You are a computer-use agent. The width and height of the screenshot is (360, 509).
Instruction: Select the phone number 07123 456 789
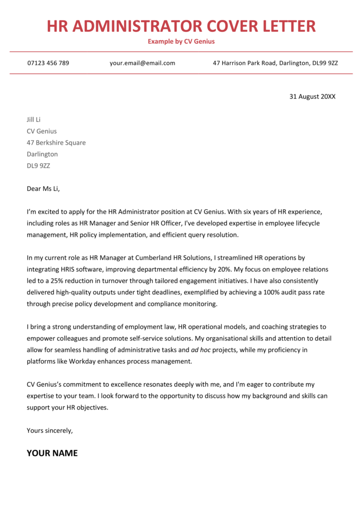tap(48, 63)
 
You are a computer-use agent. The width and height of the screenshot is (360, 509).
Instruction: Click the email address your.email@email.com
tap(142, 63)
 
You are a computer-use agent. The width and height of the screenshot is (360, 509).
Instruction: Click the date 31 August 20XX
tap(312, 96)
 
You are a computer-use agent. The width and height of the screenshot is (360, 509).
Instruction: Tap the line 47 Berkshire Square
tap(56, 143)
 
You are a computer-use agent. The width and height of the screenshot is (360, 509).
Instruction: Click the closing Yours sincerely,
tap(50, 430)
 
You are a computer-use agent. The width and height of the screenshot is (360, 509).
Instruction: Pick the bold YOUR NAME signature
tap(52, 453)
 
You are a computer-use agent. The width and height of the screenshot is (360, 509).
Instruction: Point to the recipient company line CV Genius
tap(42, 131)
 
